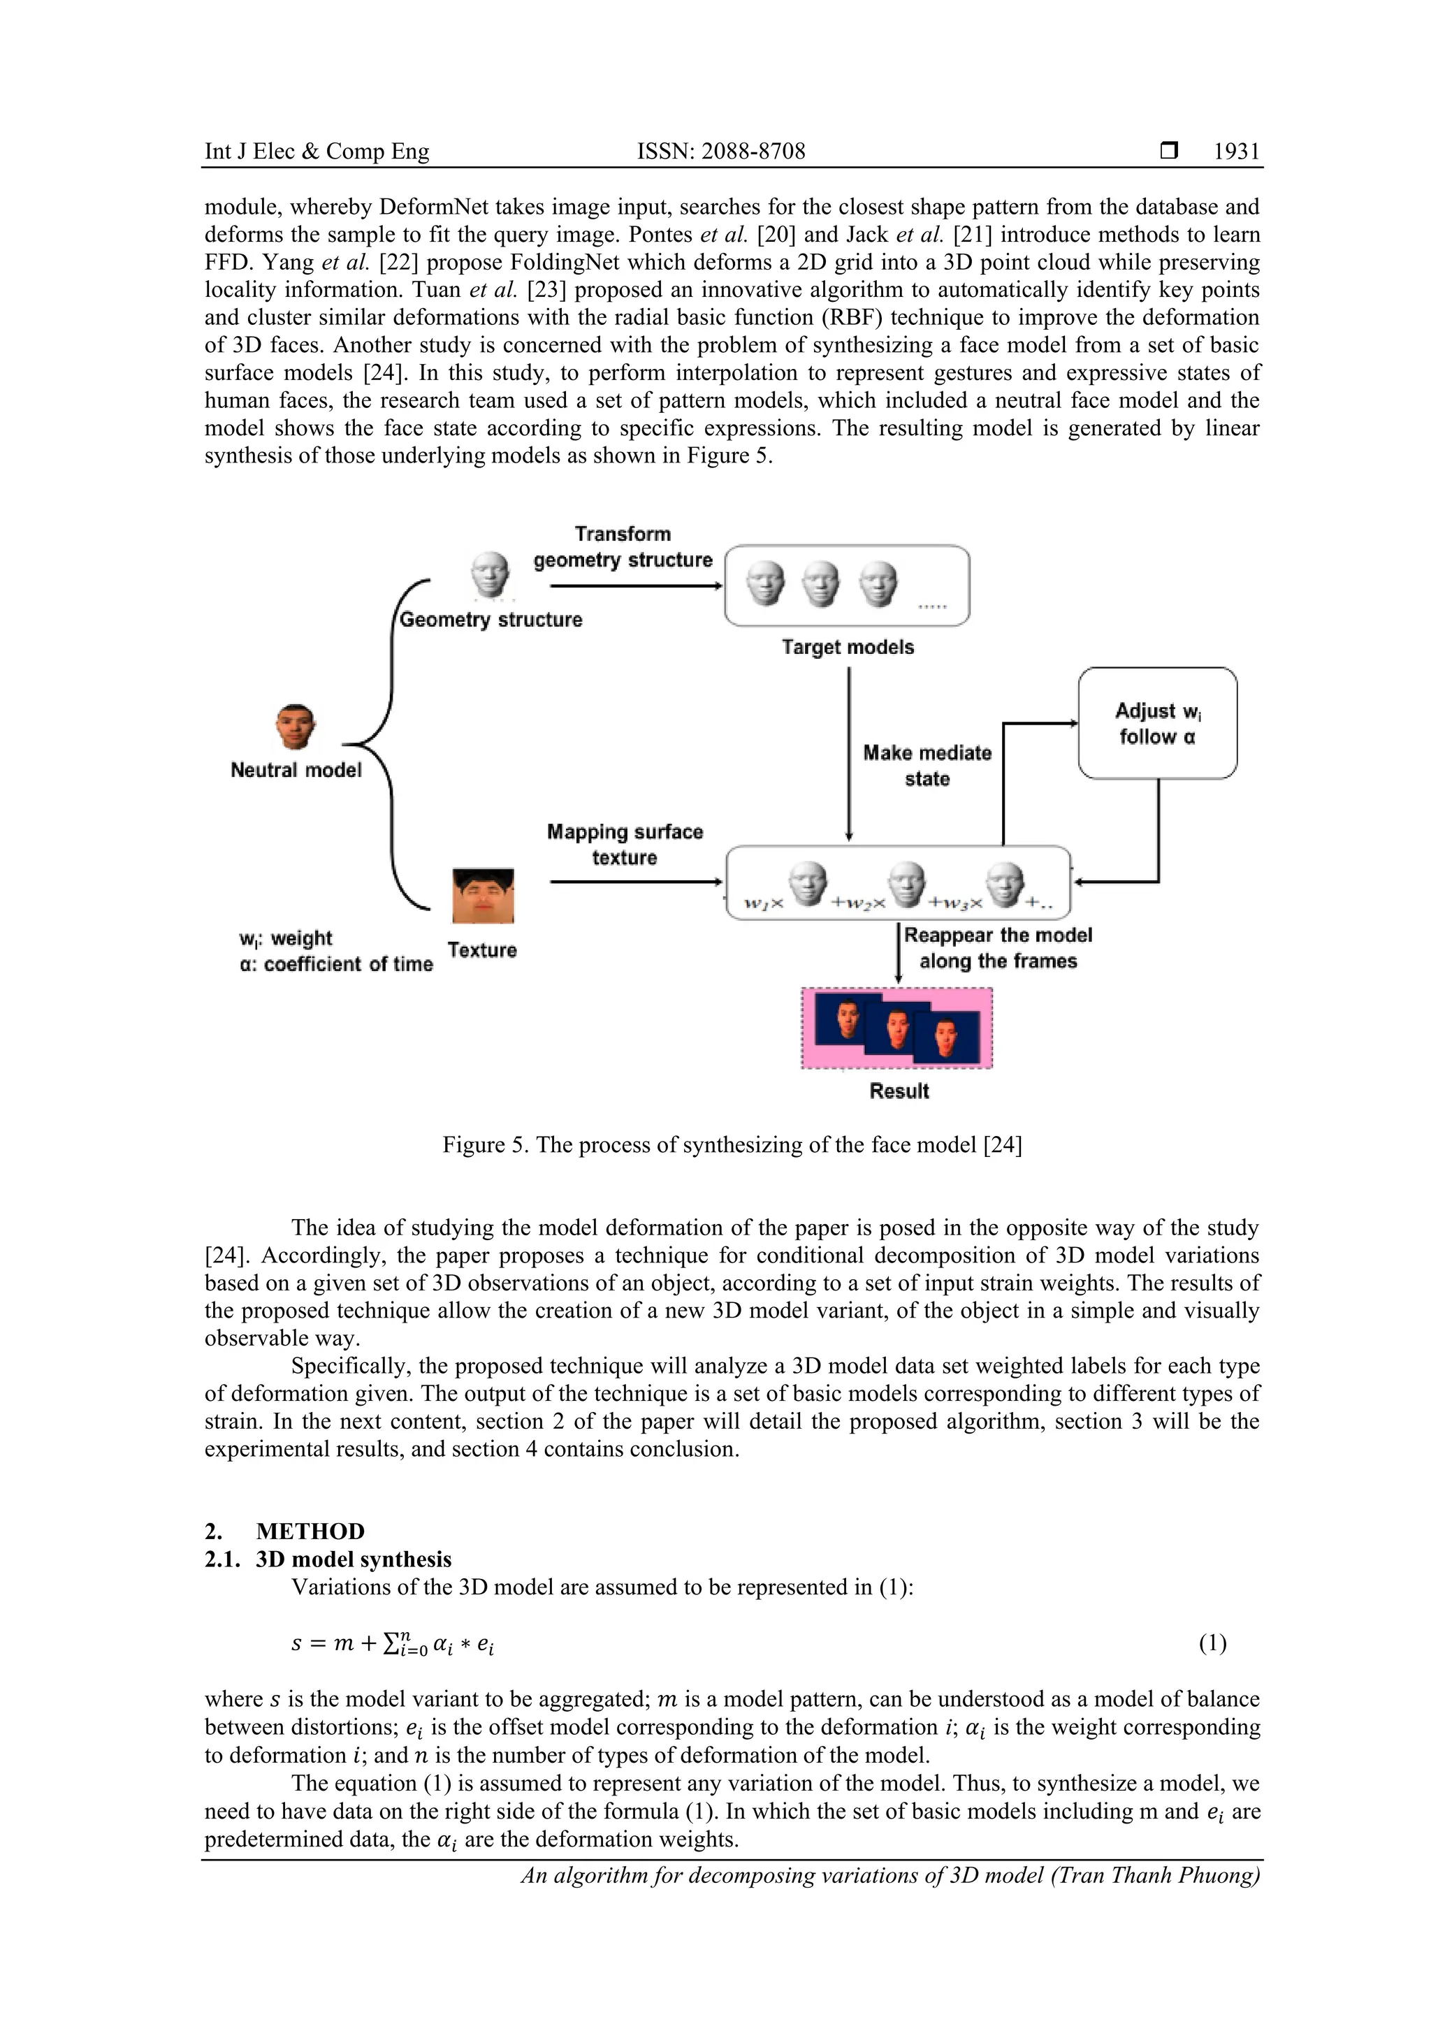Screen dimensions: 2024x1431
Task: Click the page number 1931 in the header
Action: point(1235,152)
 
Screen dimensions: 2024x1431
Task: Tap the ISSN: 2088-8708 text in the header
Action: point(720,152)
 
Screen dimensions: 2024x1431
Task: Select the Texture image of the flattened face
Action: point(482,896)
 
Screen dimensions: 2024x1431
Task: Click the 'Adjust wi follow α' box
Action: point(1157,723)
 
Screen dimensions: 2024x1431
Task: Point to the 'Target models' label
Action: point(848,647)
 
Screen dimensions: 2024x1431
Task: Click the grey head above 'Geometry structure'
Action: point(489,575)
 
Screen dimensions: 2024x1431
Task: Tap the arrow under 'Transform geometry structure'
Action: point(635,585)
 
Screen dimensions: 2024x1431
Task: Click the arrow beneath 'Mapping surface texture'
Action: point(635,882)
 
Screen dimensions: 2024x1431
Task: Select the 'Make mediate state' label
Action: point(927,765)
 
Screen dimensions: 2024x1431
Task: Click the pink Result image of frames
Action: point(896,1028)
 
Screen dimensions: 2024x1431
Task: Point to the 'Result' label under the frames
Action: point(899,1091)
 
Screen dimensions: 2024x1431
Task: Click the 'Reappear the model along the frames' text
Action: point(997,947)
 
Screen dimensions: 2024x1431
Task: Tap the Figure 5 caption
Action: point(732,1144)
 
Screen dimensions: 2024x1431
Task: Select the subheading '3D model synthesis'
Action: point(354,1559)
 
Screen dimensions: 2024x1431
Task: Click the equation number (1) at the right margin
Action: point(1212,1643)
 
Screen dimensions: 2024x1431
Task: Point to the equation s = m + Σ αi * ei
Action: point(393,1643)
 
